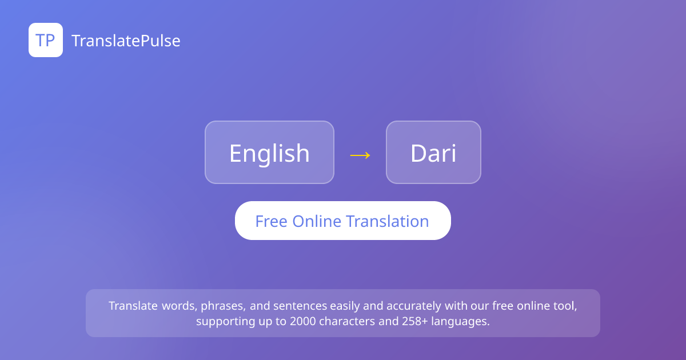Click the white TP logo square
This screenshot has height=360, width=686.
point(46,40)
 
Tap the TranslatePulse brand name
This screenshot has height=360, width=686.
point(126,41)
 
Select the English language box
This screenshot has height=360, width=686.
point(269,153)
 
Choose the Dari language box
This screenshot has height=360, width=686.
point(434,153)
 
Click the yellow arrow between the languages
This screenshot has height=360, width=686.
point(360,155)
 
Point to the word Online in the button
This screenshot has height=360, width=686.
point(317,221)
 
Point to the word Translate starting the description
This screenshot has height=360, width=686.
point(133,306)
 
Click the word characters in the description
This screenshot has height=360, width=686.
point(347,321)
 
